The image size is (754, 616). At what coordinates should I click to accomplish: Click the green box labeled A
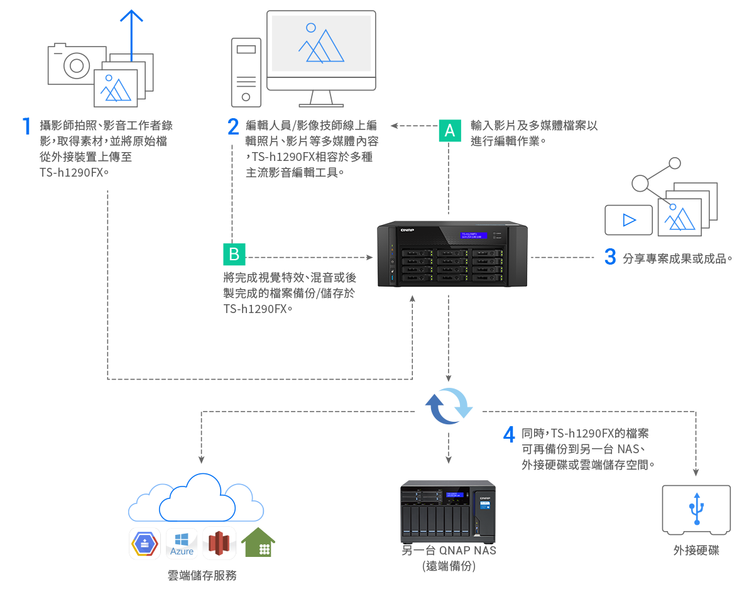click(449, 131)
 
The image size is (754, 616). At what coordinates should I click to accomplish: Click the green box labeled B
click(234, 255)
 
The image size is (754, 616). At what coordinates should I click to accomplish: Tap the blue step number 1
click(26, 126)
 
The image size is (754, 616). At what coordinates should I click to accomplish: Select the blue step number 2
click(233, 126)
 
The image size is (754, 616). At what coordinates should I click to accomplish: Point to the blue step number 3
click(609, 257)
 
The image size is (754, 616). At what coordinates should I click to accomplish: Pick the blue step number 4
click(510, 434)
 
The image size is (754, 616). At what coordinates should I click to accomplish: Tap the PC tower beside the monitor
click(246, 72)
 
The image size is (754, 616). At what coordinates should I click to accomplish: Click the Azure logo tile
click(182, 544)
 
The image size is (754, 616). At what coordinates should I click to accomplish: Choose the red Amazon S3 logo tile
click(219, 544)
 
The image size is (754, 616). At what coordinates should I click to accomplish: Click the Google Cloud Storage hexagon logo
click(145, 544)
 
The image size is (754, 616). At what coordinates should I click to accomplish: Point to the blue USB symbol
click(696, 508)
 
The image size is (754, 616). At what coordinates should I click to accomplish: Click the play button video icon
click(628, 220)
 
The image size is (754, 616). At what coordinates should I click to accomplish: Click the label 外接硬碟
click(696, 551)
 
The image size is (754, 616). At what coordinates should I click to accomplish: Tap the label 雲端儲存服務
click(202, 575)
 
